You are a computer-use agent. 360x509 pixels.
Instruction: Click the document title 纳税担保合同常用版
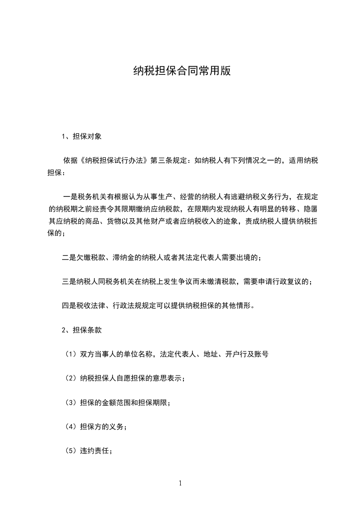[x=180, y=71]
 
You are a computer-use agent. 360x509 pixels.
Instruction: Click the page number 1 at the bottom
[x=180, y=483]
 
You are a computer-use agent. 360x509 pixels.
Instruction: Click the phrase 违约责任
[x=94, y=451]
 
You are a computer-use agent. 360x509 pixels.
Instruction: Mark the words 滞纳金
[x=125, y=257]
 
